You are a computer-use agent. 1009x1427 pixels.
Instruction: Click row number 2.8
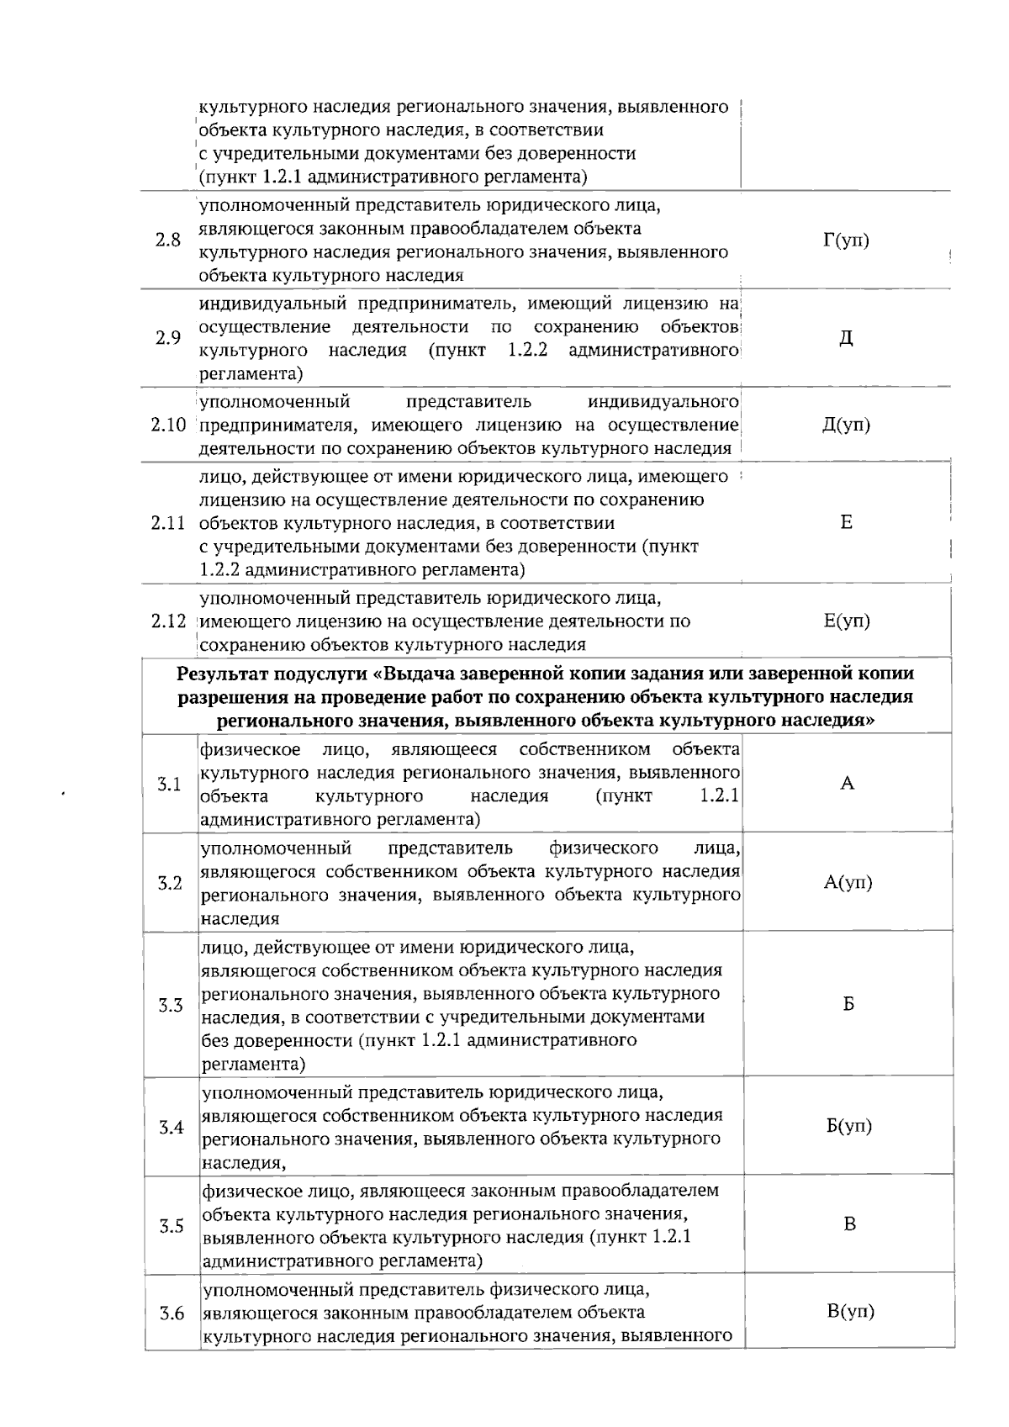pos(168,240)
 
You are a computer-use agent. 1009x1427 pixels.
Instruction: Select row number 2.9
pos(168,338)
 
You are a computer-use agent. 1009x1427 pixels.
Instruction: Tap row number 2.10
pos(168,425)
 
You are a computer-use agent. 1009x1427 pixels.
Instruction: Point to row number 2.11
pos(168,523)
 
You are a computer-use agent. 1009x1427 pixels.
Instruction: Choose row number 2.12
pos(168,621)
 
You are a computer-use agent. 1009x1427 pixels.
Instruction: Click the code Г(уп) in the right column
pos(846,240)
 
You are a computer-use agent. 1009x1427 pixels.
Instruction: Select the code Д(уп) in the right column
pos(846,425)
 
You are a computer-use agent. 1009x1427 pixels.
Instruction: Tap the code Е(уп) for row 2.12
pos(847,621)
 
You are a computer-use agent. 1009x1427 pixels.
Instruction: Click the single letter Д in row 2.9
pos(846,338)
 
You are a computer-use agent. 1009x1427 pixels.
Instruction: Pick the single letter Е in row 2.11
pos(846,522)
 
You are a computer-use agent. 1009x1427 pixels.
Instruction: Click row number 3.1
pos(170,785)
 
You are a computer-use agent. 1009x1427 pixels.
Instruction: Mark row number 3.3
pos(171,1005)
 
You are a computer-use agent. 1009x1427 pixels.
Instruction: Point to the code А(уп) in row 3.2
pos(848,882)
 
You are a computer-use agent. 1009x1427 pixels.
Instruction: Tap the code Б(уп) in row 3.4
pos(849,1126)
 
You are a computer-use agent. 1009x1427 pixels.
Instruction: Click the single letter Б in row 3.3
pos(848,1004)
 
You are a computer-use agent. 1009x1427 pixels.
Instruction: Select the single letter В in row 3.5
pos(850,1224)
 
